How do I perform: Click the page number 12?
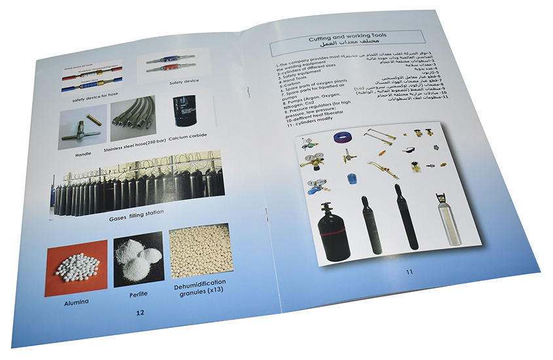[x=139, y=313]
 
